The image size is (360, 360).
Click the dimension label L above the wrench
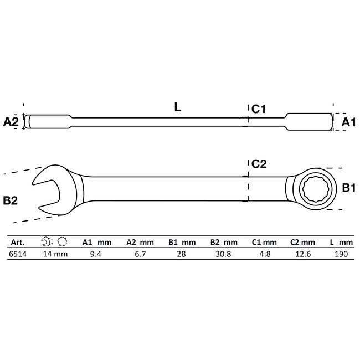[x=177, y=108]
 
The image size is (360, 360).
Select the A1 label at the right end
[x=347, y=122]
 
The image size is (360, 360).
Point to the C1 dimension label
[x=259, y=110]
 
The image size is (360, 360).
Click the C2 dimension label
[x=259, y=164]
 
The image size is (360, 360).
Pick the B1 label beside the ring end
[x=348, y=189]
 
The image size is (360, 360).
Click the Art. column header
[x=16, y=242]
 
